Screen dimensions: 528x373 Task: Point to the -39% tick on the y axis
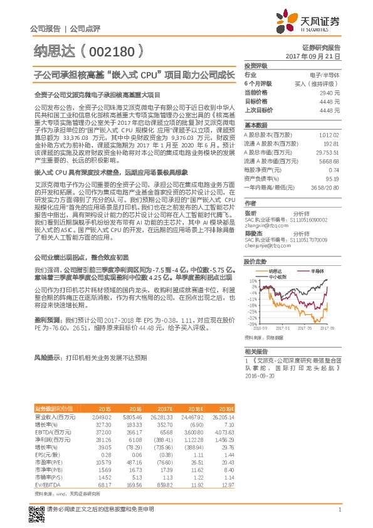pyautogui.click(x=251, y=324)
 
